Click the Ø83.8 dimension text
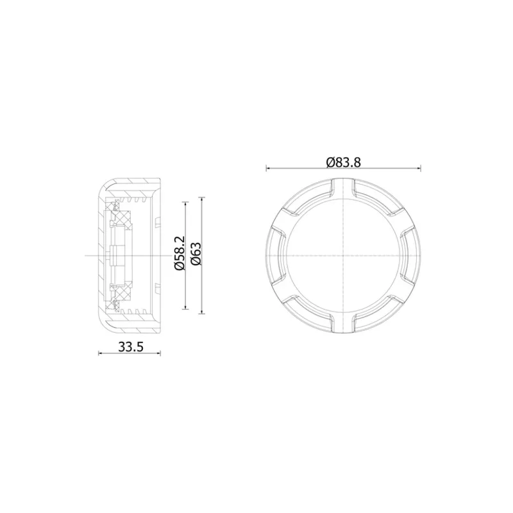[x=344, y=162]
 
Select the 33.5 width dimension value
[x=130, y=347]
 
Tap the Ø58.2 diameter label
[x=180, y=254]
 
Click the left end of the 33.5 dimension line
[x=99, y=353]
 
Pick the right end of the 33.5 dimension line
[x=161, y=353]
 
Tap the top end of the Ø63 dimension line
[x=202, y=198]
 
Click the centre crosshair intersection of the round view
[x=344, y=255]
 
